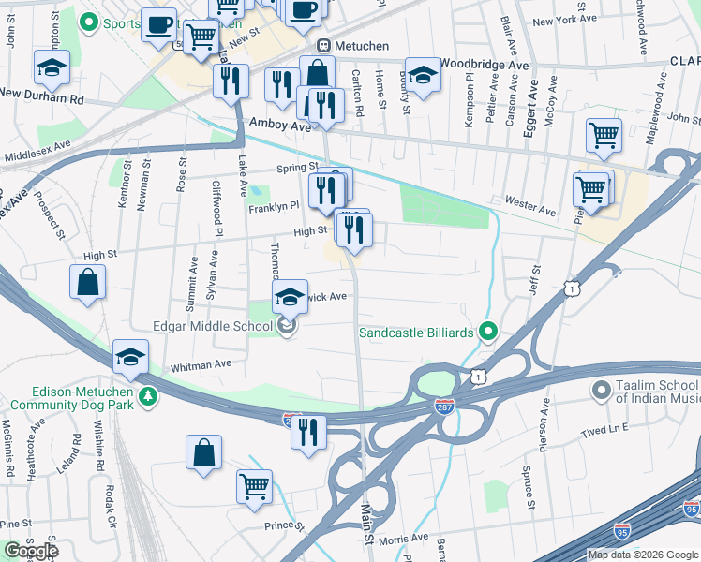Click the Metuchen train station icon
click(x=323, y=46)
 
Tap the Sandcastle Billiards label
click(x=418, y=332)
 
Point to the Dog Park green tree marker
click(x=147, y=397)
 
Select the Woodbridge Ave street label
click(x=485, y=64)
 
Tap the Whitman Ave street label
click(x=201, y=365)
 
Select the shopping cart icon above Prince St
click(x=254, y=487)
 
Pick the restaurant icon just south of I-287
click(x=307, y=432)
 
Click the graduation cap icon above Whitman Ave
click(x=130, y=356)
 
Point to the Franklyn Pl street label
click(x=273, y=206)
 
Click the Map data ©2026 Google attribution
click(x=643, y=555)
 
